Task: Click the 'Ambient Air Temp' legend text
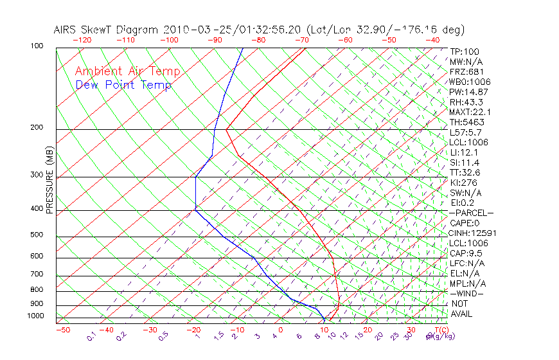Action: pos(127,71)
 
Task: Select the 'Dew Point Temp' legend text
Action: pos(123,85)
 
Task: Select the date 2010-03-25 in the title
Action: pos(192,30)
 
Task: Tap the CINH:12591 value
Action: pos(473,233)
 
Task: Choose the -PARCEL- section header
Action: pos(471,213)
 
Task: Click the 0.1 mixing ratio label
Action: pos(92,336)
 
